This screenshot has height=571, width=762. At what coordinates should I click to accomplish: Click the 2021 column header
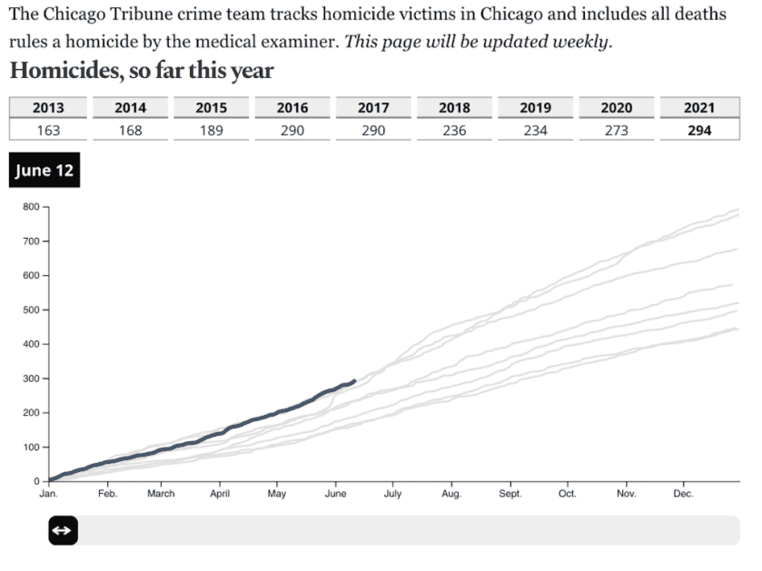(699, 107)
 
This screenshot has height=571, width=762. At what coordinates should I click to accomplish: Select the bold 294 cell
(699, 130)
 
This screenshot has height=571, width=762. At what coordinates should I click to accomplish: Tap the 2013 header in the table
(48, 107)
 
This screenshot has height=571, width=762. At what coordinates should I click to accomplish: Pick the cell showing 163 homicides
(48, 130)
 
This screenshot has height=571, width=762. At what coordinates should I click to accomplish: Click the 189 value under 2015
(211, 130)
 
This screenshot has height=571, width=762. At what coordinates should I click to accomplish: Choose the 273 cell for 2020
(618, 130)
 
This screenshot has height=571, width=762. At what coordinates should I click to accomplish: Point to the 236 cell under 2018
(454, 130)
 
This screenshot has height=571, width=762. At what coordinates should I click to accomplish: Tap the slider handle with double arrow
(63, 531)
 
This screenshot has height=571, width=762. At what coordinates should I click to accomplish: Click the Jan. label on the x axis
(48, 495)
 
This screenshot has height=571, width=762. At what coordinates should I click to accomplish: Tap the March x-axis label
(161, 495)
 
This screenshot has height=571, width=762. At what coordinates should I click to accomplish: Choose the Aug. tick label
(451, 495)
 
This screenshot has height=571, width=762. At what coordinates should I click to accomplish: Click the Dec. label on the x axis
(683, 495)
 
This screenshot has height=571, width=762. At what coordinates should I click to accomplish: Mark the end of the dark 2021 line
(353, 380)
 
